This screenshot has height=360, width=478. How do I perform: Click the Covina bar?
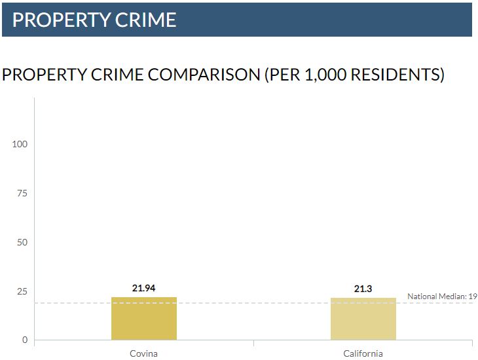[144, 319]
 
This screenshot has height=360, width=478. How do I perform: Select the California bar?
[363, 319]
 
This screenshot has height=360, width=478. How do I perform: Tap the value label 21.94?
[144, 287]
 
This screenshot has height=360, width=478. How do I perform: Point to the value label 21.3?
[363, 288]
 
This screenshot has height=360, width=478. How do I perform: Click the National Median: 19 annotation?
[442, 297]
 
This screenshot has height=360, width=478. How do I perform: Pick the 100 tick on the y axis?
[20, 144]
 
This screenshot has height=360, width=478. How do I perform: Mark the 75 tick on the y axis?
[22, 193]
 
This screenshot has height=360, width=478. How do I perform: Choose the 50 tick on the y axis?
[22, 242]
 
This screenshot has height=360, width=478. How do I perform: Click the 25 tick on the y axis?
[22, 291]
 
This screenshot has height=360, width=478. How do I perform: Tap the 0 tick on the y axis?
[25, 340]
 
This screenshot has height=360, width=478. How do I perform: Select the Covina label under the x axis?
[144, 353]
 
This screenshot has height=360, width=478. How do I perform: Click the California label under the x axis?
[363, 353]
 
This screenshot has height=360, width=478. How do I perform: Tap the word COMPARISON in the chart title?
[204, 75]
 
